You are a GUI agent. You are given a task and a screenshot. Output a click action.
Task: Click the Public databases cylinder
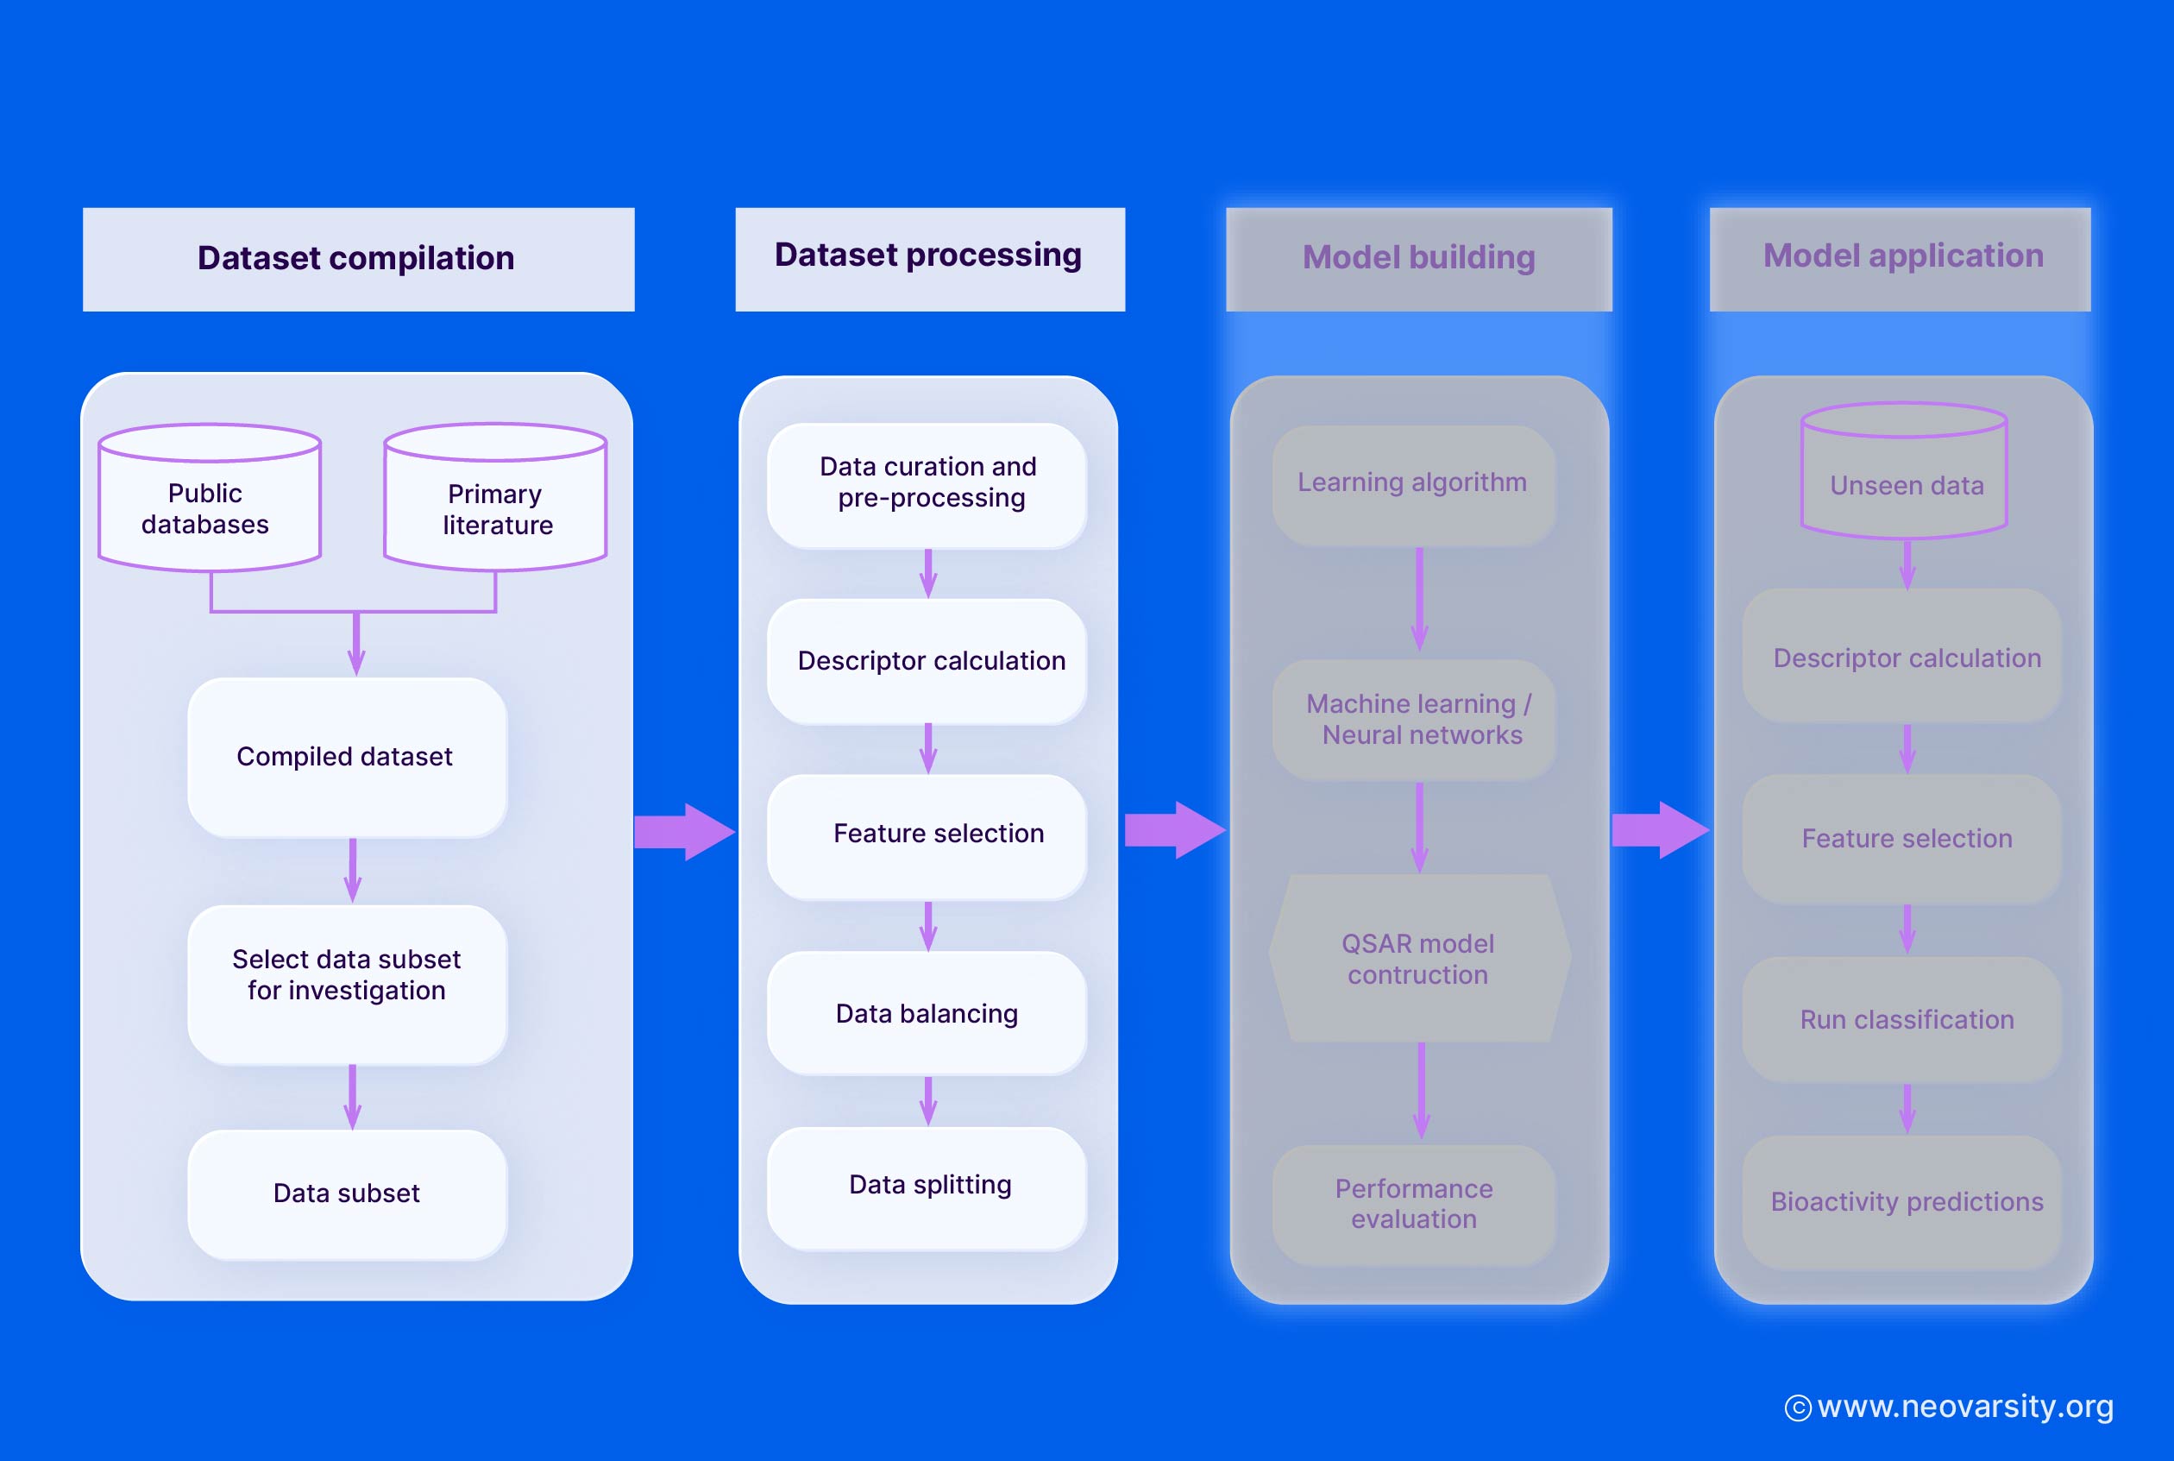(209, 503)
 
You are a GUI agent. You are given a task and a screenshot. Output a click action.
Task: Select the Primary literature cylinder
(495, 503)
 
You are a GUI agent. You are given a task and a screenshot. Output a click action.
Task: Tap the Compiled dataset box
(347, 757)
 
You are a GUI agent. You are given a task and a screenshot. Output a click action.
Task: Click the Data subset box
(347, 1193)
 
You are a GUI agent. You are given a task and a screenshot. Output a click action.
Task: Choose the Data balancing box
(927, 1013)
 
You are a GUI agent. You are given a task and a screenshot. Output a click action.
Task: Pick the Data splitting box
(927, 1186)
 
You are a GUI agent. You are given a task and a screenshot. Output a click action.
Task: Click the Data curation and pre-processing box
(927, 483)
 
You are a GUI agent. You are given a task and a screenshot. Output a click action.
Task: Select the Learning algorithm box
(1412, 483)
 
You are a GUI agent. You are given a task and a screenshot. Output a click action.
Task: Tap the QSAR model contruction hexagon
(1418, 959)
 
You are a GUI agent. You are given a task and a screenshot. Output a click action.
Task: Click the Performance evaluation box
(1413, 1203)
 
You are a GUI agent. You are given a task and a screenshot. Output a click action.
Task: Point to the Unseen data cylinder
(1905, 479)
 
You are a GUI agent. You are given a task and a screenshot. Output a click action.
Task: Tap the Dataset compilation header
(358, 259)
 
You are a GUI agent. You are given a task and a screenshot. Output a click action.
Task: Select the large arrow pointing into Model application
(1659, 829)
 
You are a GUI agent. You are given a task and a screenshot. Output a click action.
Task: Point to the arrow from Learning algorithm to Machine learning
(1418, 599)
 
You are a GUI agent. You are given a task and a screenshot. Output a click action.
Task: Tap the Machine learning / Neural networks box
(1414, 720)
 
